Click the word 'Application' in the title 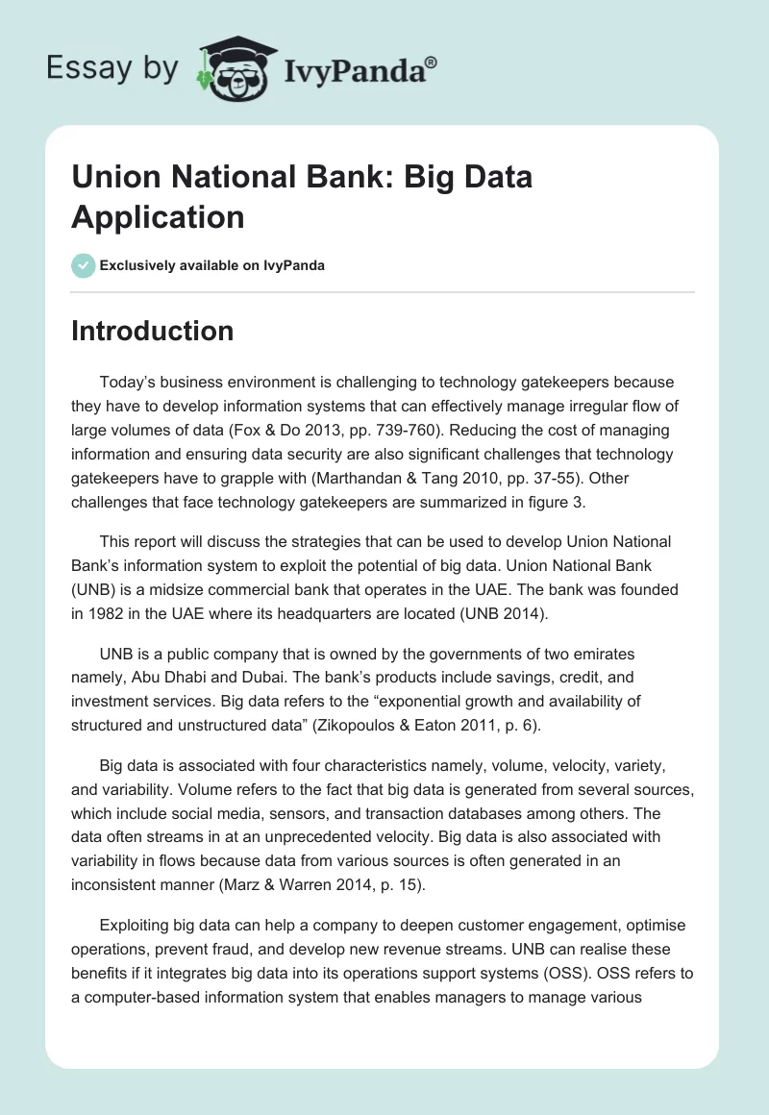(x=158, y=216)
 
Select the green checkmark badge (x=84, y=265)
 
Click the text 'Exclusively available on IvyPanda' (x=212, y=265)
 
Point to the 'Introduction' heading (x=153, y=331)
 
